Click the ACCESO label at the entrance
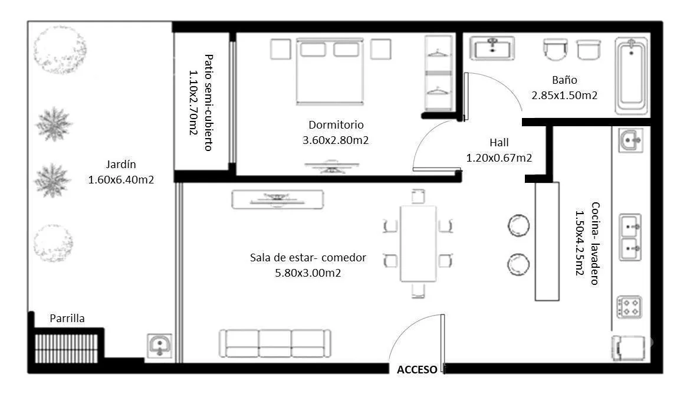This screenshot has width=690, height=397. coord(417,370)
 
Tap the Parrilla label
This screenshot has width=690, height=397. coord(67,318)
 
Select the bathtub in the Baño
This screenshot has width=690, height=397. coord(632,76)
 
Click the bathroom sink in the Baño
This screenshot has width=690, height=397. coord(492,48)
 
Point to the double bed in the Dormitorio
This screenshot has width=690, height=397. coord(330,71)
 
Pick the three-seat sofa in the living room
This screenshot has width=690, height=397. coord(275,343)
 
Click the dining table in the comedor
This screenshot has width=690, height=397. coord(418,244)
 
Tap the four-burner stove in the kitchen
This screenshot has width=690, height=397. coord(629,307)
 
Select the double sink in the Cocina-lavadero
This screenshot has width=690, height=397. coord(630,237)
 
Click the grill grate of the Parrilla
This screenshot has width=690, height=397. coord(67,349)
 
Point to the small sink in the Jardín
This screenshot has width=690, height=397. coord(159,346)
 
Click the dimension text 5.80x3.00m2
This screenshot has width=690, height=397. coord(308,273)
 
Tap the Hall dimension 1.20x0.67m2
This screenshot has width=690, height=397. coord(499,158)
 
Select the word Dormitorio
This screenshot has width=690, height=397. coord(336,124)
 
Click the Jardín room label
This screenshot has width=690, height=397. coord(121,164)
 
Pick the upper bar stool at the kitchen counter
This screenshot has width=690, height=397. coord(519,225)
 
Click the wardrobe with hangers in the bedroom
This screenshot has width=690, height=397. coord(439,73)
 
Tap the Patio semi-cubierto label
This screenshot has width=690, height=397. coord(209,103)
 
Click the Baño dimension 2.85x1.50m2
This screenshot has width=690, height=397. coord(564,96)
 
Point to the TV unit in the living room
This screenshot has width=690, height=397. coord(278,199)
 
